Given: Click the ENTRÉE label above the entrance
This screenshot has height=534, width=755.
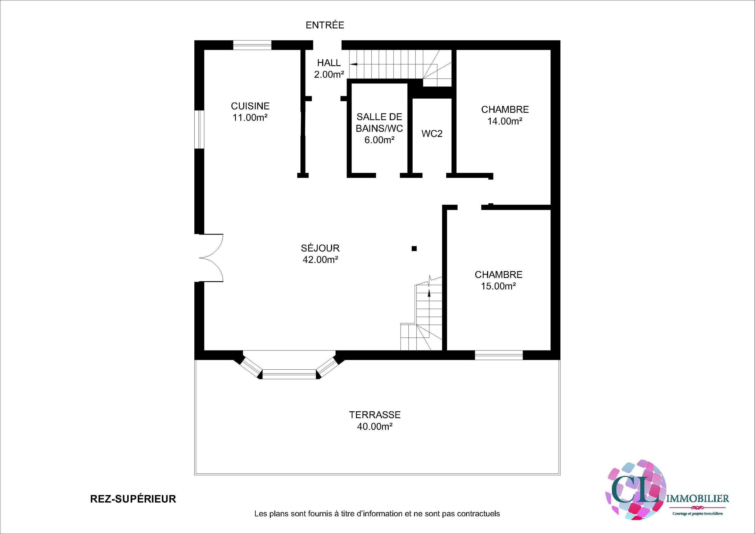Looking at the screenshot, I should (325, 25).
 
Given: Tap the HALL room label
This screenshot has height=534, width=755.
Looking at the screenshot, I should (329, 63).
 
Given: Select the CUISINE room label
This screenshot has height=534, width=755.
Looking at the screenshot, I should (250, 106).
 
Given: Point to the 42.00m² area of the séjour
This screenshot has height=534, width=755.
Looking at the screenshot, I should (321, 260).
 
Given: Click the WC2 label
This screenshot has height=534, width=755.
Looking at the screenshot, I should (432, 134).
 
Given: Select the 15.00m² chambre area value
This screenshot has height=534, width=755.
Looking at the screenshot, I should (498, 286).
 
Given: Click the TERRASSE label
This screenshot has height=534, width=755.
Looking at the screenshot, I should (375, 415).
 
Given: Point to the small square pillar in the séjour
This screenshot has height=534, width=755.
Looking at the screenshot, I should (414, 249).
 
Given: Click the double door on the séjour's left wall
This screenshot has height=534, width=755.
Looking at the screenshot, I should (211, 258).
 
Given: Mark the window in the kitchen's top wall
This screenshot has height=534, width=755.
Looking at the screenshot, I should (252, 45).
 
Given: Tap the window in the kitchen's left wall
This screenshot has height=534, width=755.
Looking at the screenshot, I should (199, 129).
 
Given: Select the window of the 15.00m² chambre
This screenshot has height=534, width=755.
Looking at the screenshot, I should (498, 355).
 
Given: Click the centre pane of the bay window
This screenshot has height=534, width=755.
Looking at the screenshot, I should (289, 374).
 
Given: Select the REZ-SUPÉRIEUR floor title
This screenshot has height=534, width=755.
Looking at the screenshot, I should (133, 499).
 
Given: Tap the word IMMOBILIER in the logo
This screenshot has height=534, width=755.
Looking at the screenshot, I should (697, 499).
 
